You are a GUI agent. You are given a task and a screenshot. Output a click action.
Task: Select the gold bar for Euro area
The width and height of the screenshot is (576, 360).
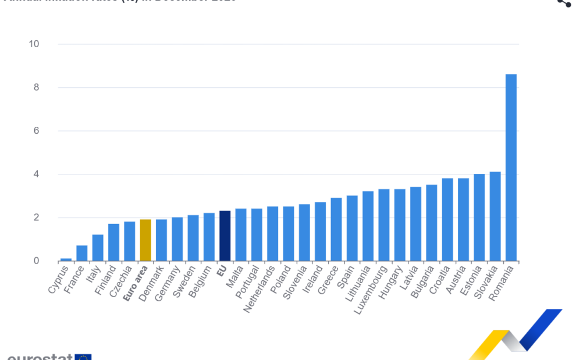click(145, 240)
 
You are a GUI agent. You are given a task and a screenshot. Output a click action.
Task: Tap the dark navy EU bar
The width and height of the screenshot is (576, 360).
click(225, 236)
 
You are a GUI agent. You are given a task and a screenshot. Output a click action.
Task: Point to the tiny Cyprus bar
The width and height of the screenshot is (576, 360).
click(66, 259)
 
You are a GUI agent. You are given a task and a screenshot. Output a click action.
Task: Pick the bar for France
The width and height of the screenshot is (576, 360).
click(82, 253)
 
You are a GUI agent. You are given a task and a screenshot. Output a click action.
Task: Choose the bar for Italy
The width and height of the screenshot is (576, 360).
click(98, 248)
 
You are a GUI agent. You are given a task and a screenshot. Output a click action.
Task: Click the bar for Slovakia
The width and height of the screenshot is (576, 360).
click(495, 216)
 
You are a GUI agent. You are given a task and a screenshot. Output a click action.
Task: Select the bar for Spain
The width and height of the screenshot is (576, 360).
click(352, 228)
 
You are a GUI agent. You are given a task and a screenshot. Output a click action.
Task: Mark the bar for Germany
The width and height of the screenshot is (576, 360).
click(177, 239)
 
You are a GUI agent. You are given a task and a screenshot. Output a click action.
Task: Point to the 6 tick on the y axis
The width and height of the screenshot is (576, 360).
click(36, 131)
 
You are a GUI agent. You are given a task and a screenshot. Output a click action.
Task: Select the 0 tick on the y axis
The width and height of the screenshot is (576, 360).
click(36, 261)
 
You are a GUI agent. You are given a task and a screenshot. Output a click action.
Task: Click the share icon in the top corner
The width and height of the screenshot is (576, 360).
click(564, 3)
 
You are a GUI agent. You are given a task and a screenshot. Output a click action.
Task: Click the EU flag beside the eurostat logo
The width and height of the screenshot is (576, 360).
click(83, 357)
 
